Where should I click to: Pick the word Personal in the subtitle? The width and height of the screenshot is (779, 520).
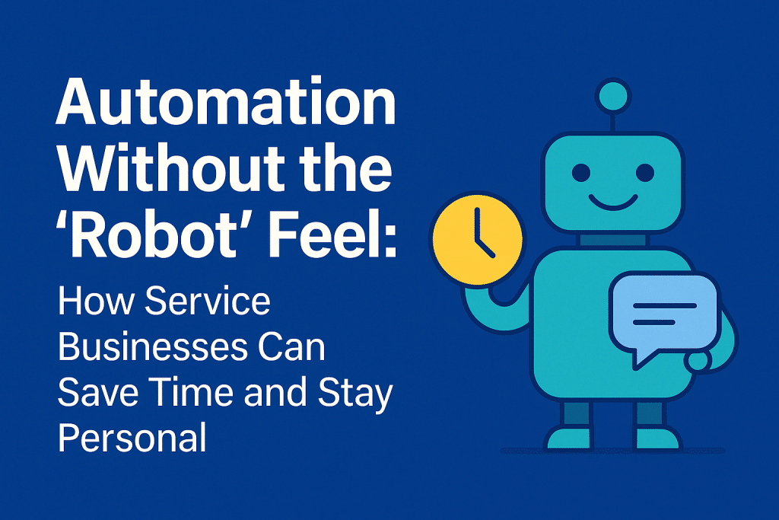pyautogui.click(x=132, y=439)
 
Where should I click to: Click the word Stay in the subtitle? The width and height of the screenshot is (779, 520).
pyautogui.click(x=358, y=394)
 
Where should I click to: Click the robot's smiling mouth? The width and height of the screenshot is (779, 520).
pyautogui.click(x=612, y=203)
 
